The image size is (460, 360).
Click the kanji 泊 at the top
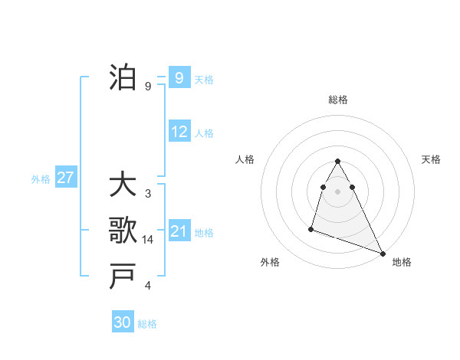tap(123, 78)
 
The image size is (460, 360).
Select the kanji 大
tap(123, 185)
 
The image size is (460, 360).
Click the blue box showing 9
tap(179, 77)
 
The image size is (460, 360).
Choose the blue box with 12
tap(179, 132)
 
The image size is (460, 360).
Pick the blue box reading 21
tap(179, 231)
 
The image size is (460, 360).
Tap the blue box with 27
tap(65, 178)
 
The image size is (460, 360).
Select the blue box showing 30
tap(123, 322)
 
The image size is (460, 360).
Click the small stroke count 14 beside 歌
tap(148, 240)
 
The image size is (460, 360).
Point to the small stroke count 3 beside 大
tap(148, 194)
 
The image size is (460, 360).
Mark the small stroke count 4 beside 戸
tap(148, 286)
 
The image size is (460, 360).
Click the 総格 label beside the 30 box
tap(147, 324)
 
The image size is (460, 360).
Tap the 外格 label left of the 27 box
tap(41, 179)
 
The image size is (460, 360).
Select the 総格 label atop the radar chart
tap(337, 100)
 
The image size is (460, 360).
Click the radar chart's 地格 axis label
tap(402, 262)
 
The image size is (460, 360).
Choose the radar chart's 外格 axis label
tap(270, 262)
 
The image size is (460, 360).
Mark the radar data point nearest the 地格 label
tap(383, 254)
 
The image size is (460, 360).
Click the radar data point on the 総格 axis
tap(337, 162)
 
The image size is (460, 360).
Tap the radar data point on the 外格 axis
tap(311, 228)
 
